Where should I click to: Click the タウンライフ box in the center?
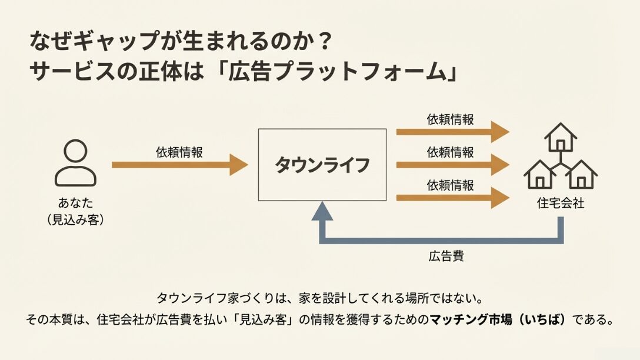[x=322, y=165]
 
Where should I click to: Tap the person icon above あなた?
[x=75, y=163]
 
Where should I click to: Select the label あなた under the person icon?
[x=75, y=204]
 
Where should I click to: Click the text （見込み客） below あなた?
[x=75, y=220]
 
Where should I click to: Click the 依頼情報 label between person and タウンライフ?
[x=179, y=152]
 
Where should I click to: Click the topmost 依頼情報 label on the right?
[x=450, y=119]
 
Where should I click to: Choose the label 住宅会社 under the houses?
[x=561, y=204]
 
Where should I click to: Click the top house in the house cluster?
[x=561, y=138]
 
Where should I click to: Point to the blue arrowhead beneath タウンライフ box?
[x=322, y=210]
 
